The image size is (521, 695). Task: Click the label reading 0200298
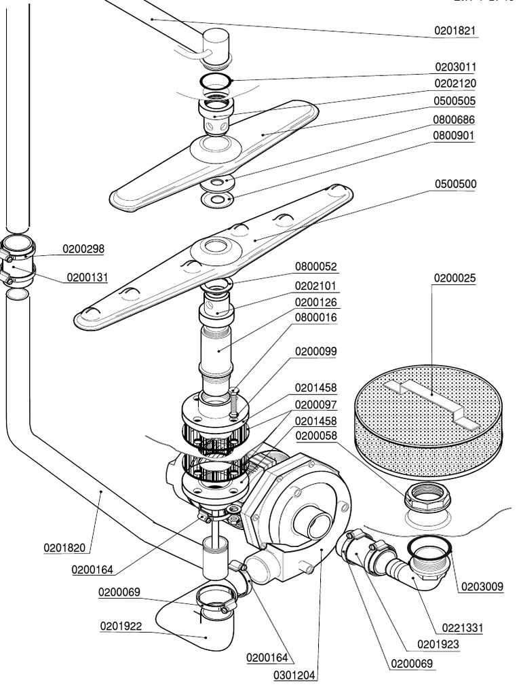click(x=83, y=249)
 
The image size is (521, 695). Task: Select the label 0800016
click(x=316, y=317)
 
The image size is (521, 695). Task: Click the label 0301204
click(x=294, y=676)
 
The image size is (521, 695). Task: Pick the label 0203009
click(x=483, y=586)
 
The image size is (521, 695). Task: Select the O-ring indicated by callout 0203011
click(x=216, y=82)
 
